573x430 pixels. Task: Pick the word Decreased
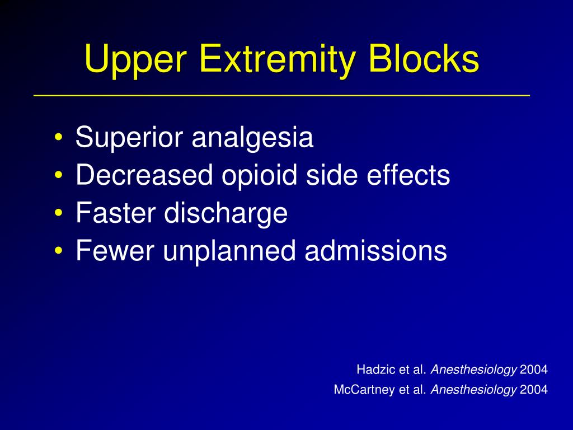(144, 176)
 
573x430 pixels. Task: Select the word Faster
(116, 213)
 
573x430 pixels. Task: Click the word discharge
(226, 213)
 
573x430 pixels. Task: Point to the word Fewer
(115, 251)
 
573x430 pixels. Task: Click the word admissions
(376, 251)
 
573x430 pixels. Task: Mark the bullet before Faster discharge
(59, 213)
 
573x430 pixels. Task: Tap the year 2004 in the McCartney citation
(534, 390)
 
